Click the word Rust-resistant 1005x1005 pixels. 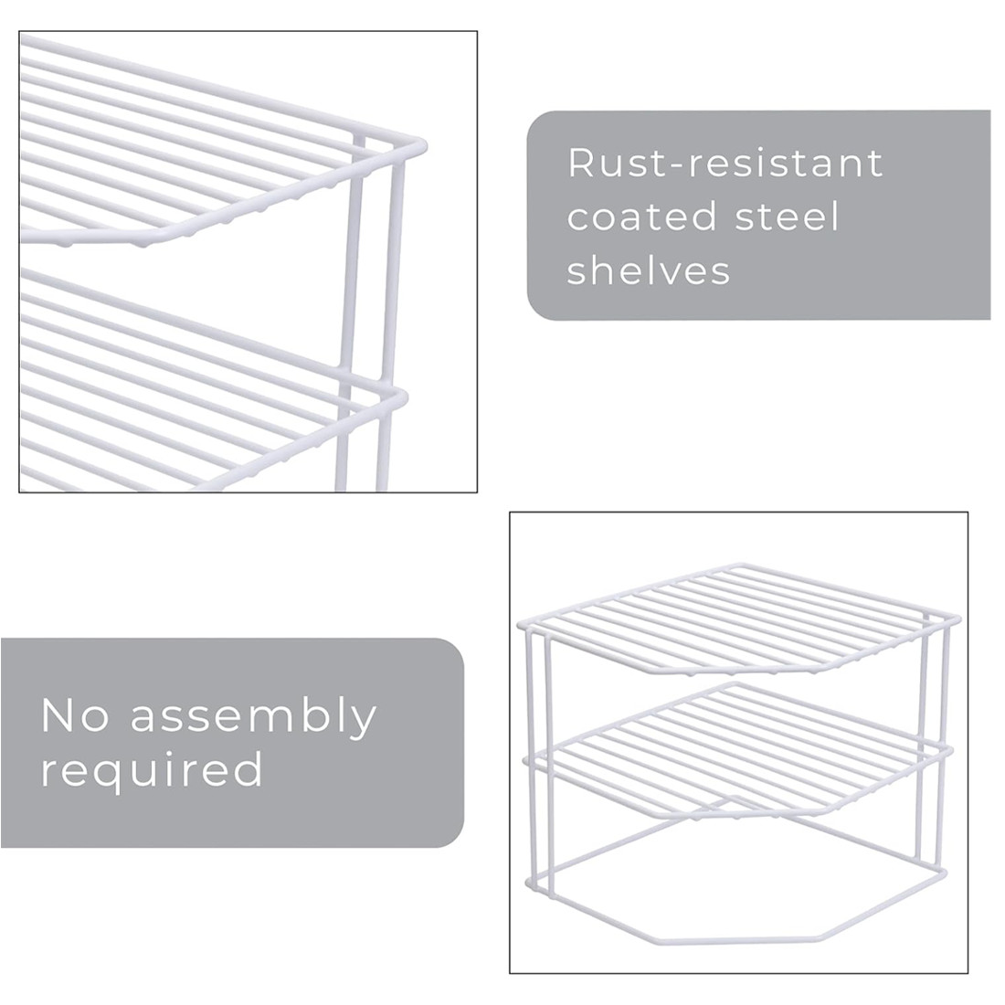tap(725, 163)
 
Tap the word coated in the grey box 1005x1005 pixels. tap(641, 217)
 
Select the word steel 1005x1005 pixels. tap(787, 216)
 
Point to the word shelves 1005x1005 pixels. tap(649, 270)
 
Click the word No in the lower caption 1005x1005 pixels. tap(75, 715)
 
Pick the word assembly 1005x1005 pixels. tap(255, 718)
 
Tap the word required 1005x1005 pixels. tap(152, 772)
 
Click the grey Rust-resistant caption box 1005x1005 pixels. tap(759, 215)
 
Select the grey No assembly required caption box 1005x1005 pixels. tap(232, 742)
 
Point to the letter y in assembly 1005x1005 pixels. tap(364, 723)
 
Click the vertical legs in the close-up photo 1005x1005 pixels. tap(368, 314)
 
